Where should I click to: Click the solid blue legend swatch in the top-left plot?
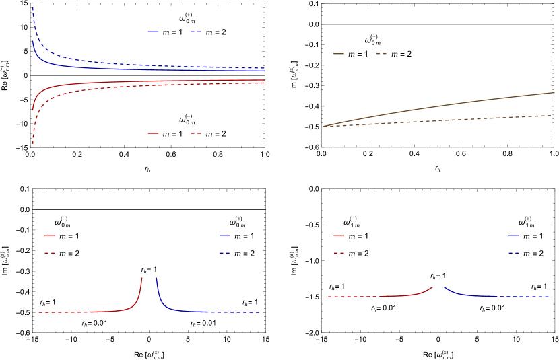153,32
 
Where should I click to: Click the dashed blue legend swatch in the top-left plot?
195,32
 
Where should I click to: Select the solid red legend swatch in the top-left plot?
153,133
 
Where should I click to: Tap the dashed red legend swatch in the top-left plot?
195,133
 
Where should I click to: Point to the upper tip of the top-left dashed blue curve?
32,6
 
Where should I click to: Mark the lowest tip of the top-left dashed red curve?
32,143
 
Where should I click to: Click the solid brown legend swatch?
338,54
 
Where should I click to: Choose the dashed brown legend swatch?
381,54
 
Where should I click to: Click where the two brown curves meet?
325,126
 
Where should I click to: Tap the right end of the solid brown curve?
554,92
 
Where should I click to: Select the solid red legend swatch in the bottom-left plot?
49,236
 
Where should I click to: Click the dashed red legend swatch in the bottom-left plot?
49,253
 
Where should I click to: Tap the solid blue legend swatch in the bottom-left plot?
224,236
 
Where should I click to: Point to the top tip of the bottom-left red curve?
142,277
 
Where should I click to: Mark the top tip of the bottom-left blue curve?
157,277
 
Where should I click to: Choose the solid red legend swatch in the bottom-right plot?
339,236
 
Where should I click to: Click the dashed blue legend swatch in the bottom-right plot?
514,253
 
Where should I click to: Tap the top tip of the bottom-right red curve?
432,287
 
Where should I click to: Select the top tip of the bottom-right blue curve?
445,287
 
